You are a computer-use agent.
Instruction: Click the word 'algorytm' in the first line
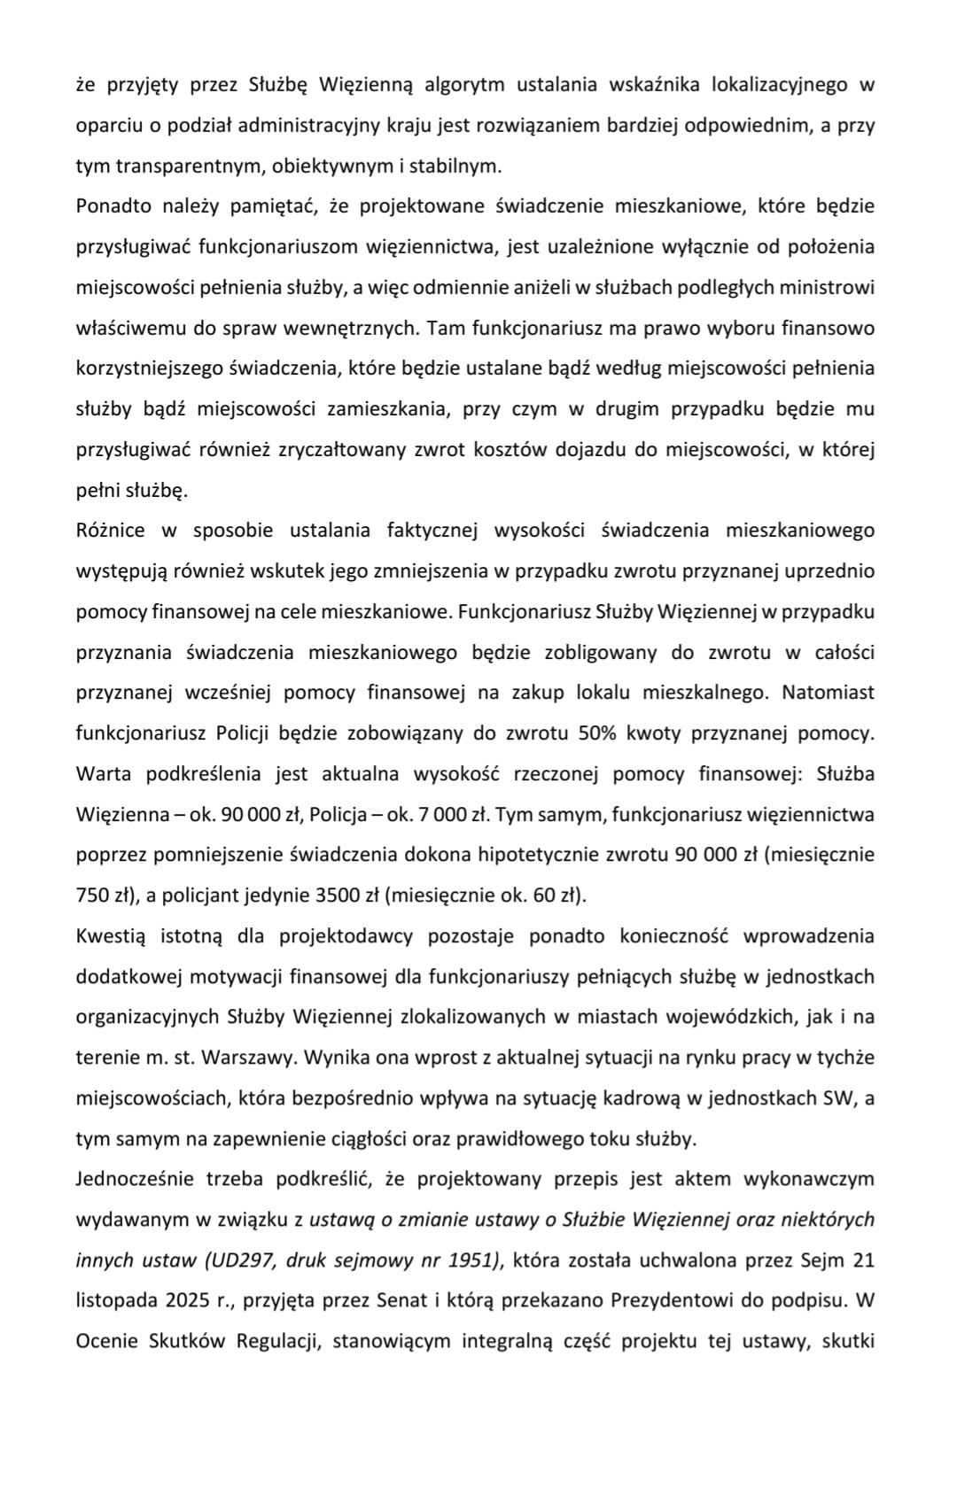coord(464,85)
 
